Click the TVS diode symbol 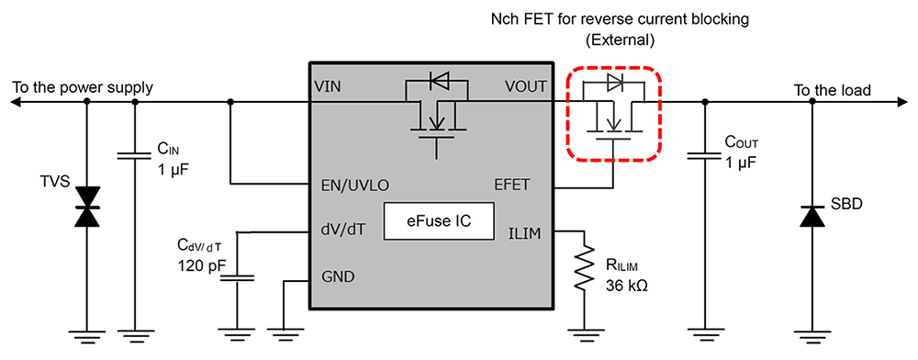[87, 206]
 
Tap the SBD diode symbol [811, 216]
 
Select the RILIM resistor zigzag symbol [579, 269]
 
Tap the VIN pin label [328, 87]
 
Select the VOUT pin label [525, 87]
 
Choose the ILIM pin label [525, 233]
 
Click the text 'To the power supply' [83, 88]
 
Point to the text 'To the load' [832, 90]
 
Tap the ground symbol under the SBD [811, 334]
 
